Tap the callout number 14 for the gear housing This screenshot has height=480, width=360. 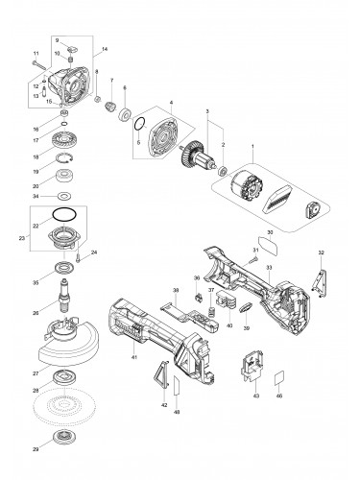click(x=104, y=48)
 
